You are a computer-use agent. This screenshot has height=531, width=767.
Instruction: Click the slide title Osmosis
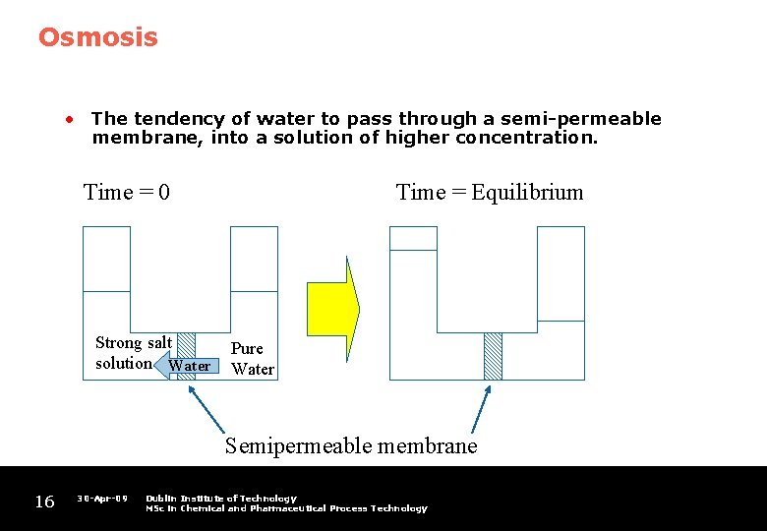97,37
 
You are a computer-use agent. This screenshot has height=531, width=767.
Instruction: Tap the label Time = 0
127,192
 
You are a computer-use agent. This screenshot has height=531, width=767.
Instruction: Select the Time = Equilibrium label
489,192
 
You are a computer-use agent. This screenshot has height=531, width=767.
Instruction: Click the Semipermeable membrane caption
351,445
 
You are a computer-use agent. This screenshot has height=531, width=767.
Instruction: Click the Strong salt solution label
133,352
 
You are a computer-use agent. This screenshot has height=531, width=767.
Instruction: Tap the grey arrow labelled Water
184,366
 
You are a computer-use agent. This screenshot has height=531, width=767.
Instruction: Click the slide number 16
44,502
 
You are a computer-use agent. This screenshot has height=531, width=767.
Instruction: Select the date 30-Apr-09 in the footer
102,499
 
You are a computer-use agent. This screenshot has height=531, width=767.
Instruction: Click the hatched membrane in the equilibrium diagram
493,356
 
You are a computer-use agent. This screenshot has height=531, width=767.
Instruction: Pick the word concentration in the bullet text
526,138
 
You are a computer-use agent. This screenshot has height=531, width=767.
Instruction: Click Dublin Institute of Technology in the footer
220,499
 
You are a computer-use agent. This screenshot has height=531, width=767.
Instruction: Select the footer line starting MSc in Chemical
286,508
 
